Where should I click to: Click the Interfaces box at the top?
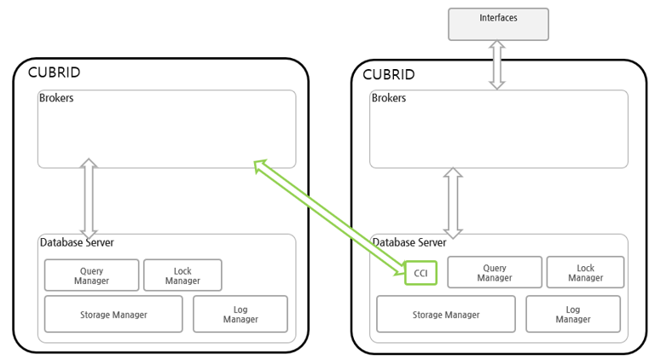click(498, 23)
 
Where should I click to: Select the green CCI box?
click(420, 273)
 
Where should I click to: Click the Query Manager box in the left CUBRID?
click(91, 276)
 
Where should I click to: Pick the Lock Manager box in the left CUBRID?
click(183, 276)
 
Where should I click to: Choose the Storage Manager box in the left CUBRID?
click(113, 314)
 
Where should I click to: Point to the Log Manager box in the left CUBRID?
click(240, 314)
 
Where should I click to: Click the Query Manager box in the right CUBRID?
click(495, 273)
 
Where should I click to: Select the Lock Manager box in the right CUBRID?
click(585, 273)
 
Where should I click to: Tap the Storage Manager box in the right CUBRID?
click(445, 314)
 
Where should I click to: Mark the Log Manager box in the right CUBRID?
click(572, 314)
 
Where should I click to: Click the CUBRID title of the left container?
click(54, 73)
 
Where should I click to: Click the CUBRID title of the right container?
click(388, 74)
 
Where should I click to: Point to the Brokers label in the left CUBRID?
click(56, 97)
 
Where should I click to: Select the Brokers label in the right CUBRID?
click(389, 98)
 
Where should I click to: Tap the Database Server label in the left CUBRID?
click(77, 242)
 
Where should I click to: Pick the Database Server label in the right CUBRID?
click(409, 242)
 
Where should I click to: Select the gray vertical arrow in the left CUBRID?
click(88, 198)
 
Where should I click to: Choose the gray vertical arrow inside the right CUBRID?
click(453, 202)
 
